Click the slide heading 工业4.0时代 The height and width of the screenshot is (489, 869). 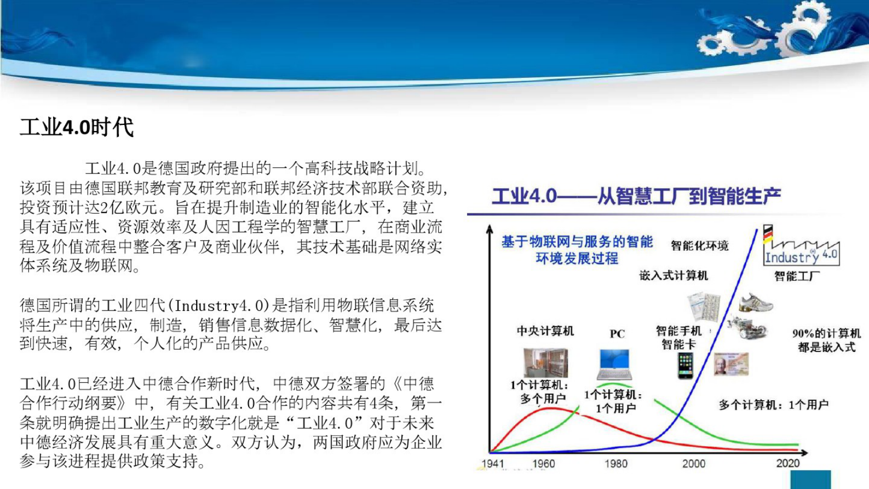[77, 127]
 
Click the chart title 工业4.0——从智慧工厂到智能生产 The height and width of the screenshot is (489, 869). [636, 196]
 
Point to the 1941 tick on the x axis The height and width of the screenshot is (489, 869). [492, 463]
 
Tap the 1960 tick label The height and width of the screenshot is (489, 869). [543, 463]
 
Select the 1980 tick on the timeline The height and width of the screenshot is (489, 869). [615, 463]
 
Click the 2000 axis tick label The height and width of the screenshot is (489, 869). [693, 463]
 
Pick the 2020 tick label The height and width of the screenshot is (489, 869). [787, 463]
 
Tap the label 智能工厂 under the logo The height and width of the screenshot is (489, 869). [797, 276]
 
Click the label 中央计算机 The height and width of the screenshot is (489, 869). [545, 331]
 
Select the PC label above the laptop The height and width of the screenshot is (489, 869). [617, 334]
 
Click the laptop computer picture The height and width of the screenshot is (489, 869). [614, 365]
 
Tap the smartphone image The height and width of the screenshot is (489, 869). [685, 365]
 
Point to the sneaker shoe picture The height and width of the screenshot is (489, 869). [755, 302]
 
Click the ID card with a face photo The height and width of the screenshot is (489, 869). [731, 364]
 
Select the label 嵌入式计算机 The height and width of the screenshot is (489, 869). [674, 275]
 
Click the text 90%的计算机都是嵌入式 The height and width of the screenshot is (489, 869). [826, 340]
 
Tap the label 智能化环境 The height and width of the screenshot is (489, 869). [699, 246]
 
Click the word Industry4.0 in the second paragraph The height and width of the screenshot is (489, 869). [222, 305]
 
